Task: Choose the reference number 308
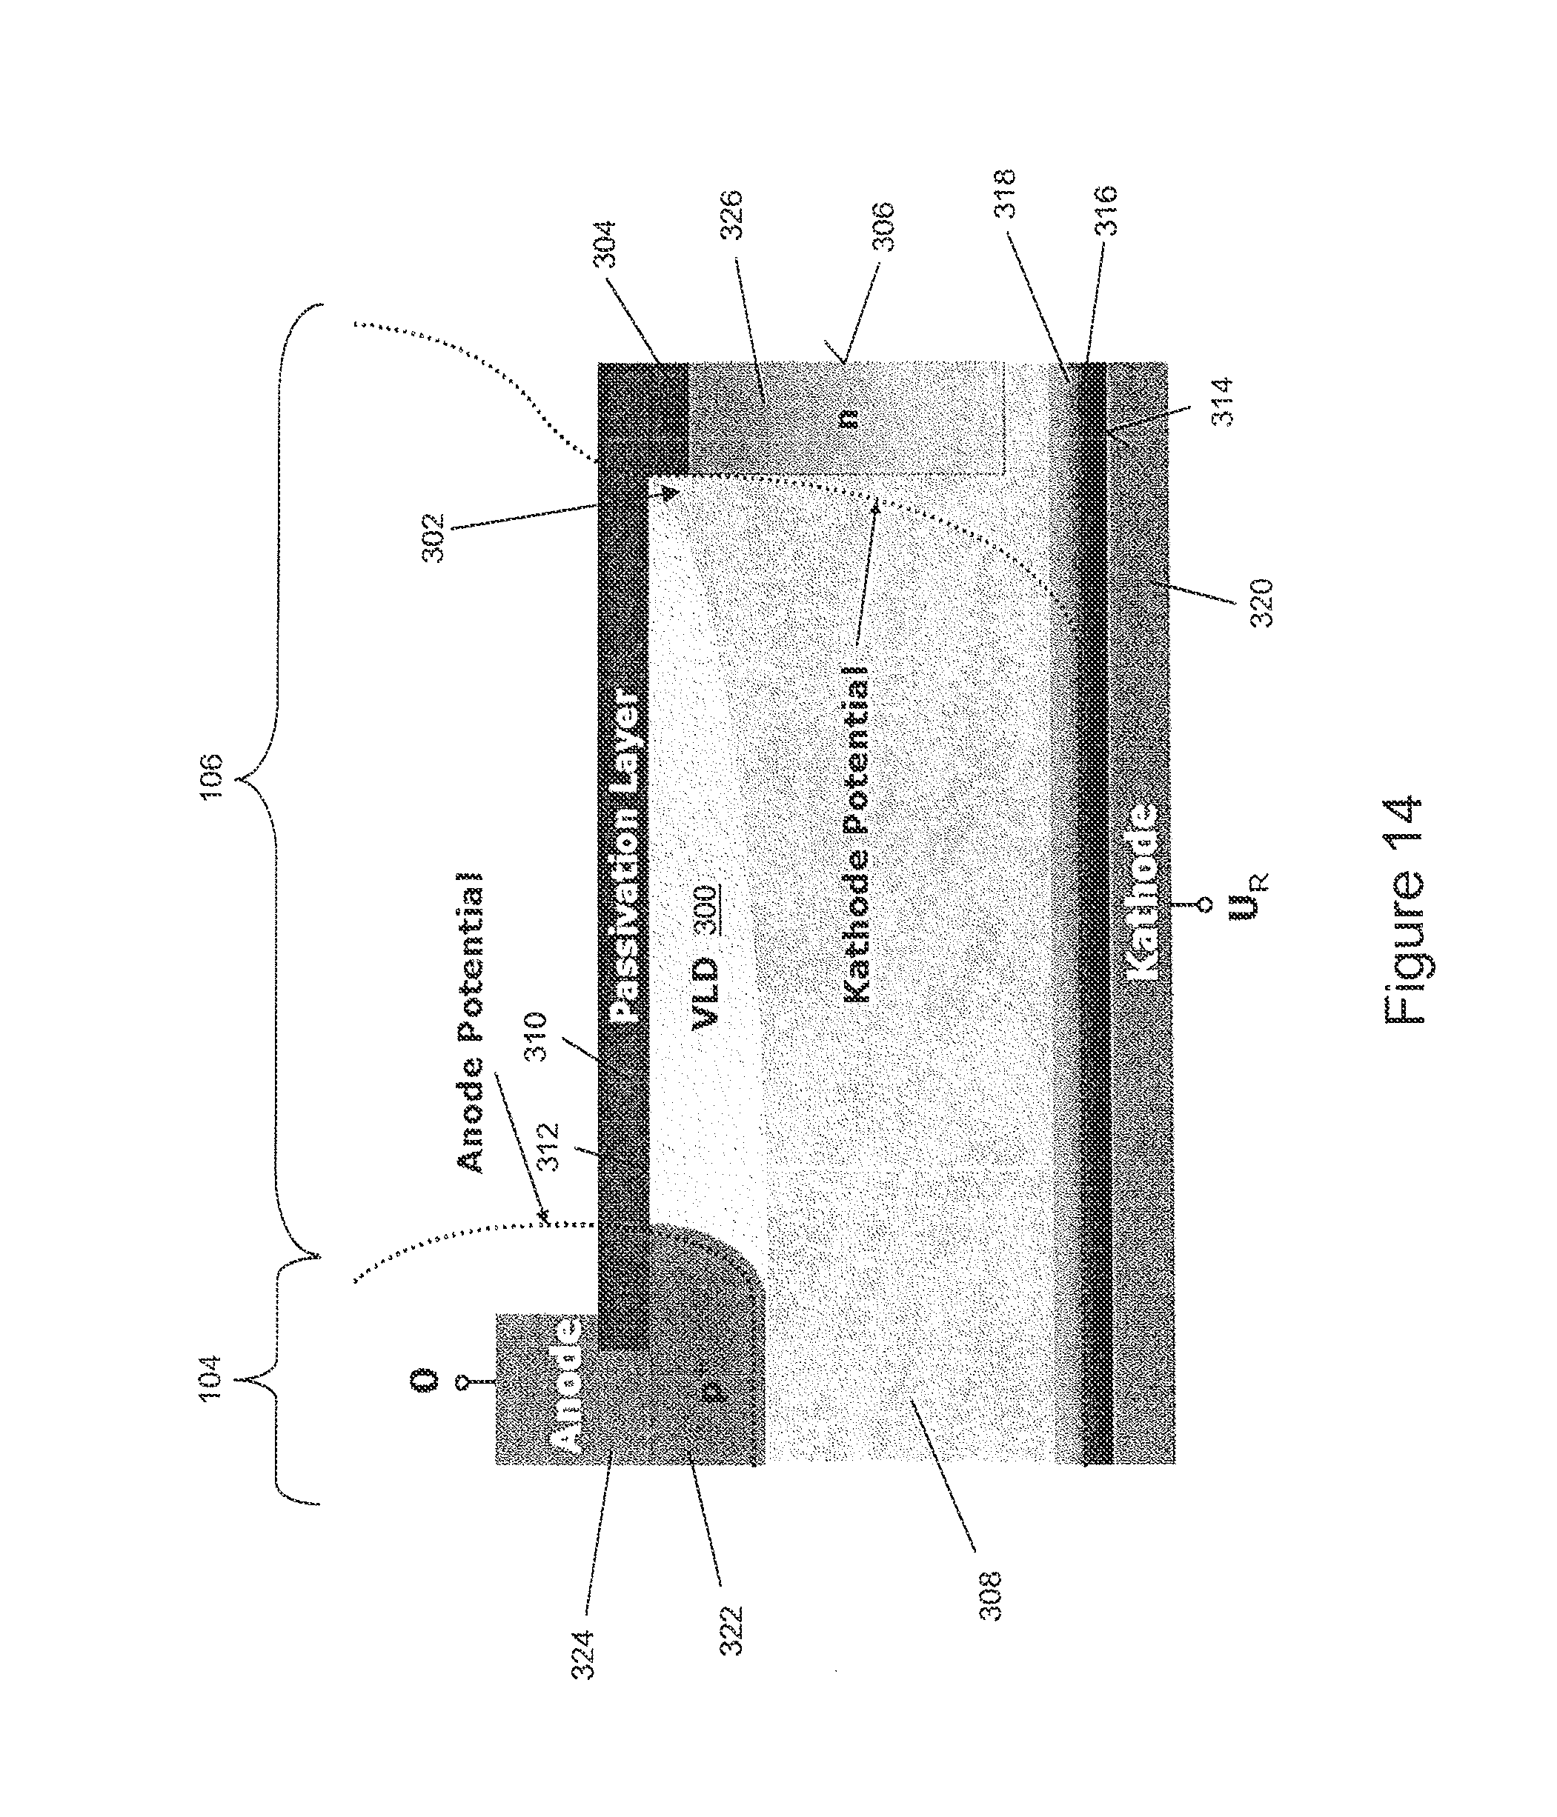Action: tap(990, 1596)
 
